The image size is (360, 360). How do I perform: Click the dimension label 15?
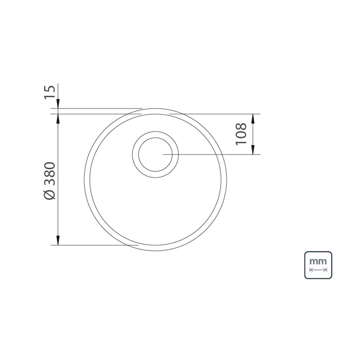[x=50, y=92]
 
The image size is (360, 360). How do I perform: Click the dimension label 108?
[x=241, y=134]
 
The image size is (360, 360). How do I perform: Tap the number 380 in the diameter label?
[x=50, y=174]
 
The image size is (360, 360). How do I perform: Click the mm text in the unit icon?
[x=318, y=261]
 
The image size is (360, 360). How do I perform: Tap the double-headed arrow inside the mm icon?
[x=318, y=270]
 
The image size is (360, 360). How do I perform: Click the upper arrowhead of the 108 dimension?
[x=253, y=118]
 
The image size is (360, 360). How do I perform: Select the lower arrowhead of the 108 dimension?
[x=253, y=150]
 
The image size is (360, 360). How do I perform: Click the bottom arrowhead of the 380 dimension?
[x=58, y=240]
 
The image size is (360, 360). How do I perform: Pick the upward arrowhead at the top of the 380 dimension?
[x=58, y=118]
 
